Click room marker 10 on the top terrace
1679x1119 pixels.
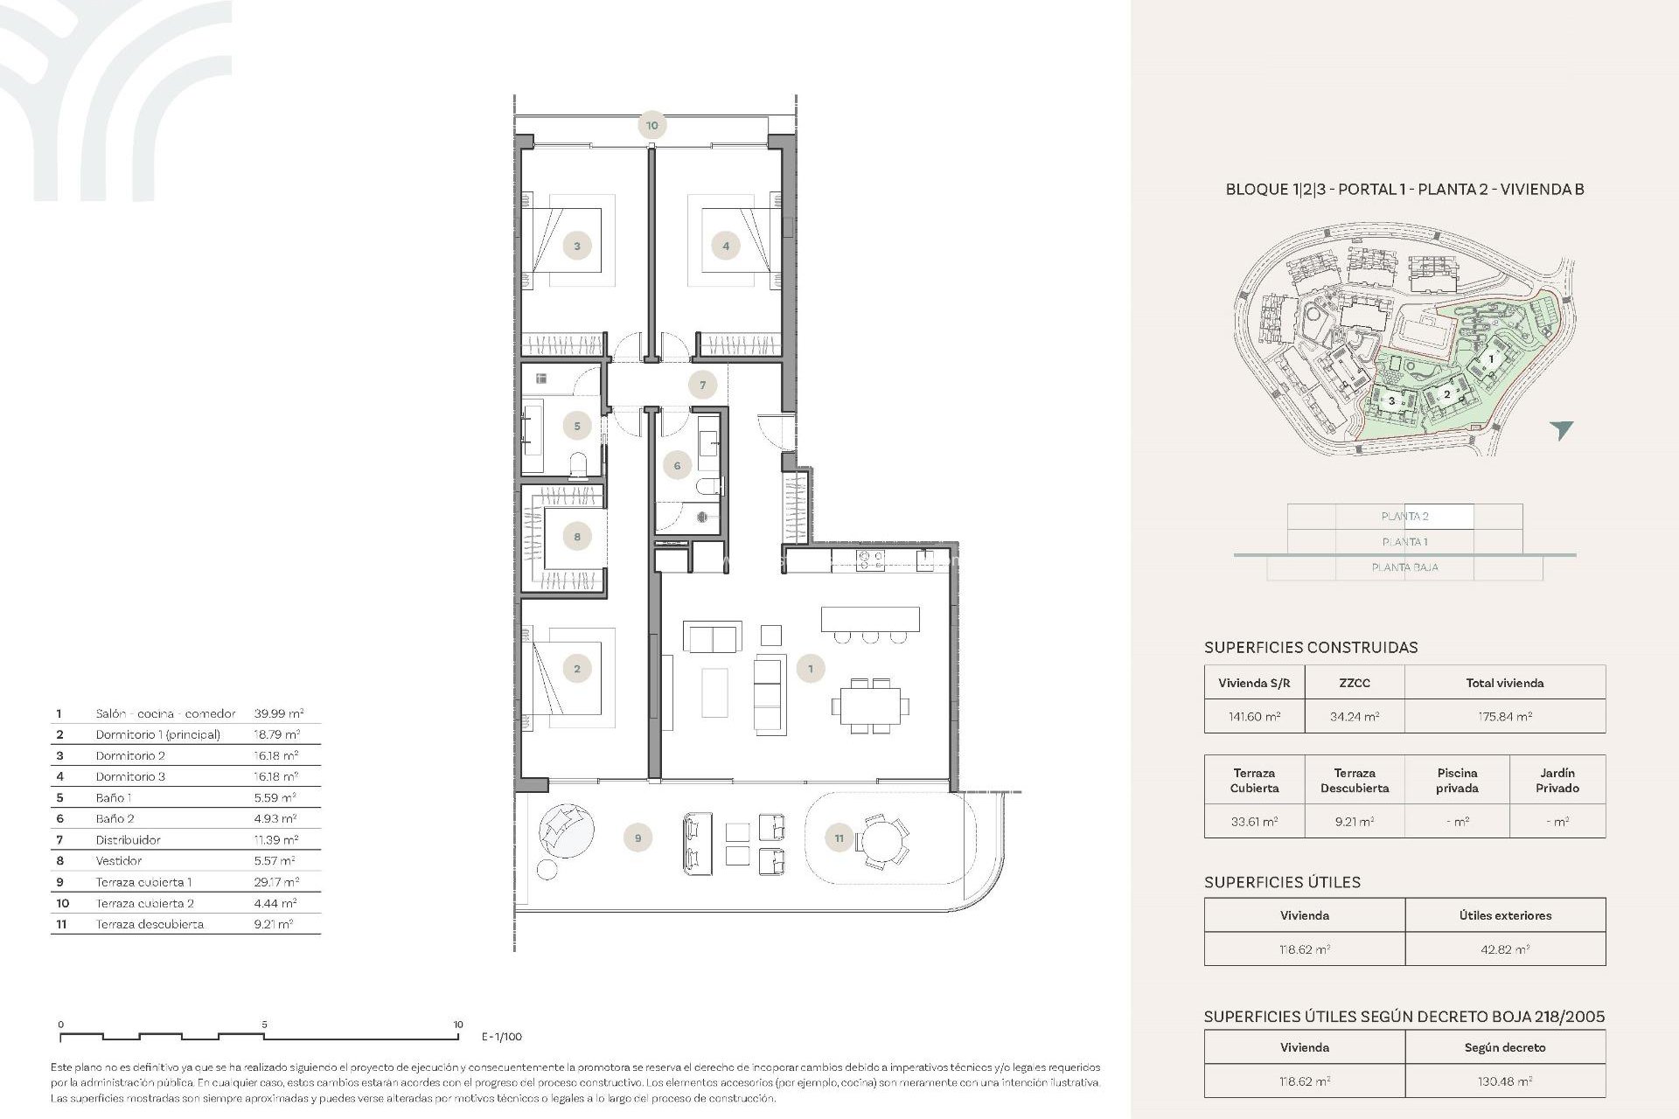pyautogui.click(x=651, y=125)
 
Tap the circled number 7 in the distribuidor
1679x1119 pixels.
pyautogui.click(x=702, y=385)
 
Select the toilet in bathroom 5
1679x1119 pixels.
pyautogui.click(x=578, y=464)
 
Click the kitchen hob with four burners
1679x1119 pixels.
pyautogui.click(x=870, y=559)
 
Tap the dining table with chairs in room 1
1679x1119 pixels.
pyautogui.click(x=870, y=705)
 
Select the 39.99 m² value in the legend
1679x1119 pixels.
pyautogui.click(x=278, y=713)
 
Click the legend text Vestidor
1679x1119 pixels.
pyautogui.click(x=119, y=861)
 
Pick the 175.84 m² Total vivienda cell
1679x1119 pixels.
pyautogui.click(x=1504, y=716)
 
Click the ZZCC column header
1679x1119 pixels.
pyautogui.click(x=1354, y=683)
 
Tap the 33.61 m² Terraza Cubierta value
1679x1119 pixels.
pyautogui.click(x=1253, y=822)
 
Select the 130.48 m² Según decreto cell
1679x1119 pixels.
pyautogui.click(x=1504, y=1081)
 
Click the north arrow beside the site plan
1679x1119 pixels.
pyautogui.click(x=1562, y=429)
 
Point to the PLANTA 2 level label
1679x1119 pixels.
pyautogui.click(x=1404, y=517)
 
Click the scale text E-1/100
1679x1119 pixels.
pyautogui.click(x=501, y=1037)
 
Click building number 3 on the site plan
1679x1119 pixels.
pyautogui.click(x=1392, y=401)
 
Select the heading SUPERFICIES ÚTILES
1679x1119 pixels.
pyautogui.click(x=1282, y=882)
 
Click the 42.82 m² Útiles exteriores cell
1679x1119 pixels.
pyautogui.click(x=1504, y=949)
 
